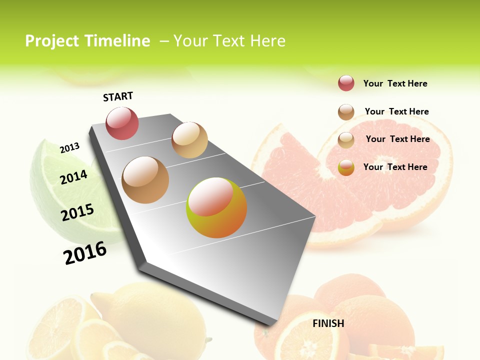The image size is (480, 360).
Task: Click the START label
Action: tap(118, 96)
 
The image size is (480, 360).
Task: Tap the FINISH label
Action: tap(328, 323)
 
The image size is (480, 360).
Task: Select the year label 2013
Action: tap(69, 147)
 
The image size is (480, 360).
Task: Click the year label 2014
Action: tap(73, 177)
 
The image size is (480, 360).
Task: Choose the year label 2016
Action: tap(85, 252)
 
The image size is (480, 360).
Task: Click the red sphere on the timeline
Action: tap(122, 123)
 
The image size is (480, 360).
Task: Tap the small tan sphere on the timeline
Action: tap(189, 140)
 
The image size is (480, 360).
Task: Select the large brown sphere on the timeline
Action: tap(145, 180)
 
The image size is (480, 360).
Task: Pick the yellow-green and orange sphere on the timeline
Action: tap(216, 207)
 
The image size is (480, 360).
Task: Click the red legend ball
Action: tap(346, 83)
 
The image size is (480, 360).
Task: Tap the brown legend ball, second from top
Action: tap(346, 112)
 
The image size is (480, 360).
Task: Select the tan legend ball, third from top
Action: tap(346, 140)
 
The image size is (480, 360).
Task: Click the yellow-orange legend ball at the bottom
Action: tap(346, 167)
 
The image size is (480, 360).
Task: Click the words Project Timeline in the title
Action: tap(87, 41)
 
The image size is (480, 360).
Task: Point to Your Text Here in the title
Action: tap(229, 41)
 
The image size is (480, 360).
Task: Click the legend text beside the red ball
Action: tap(395, 83)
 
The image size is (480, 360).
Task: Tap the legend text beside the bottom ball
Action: tap(395, 167)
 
